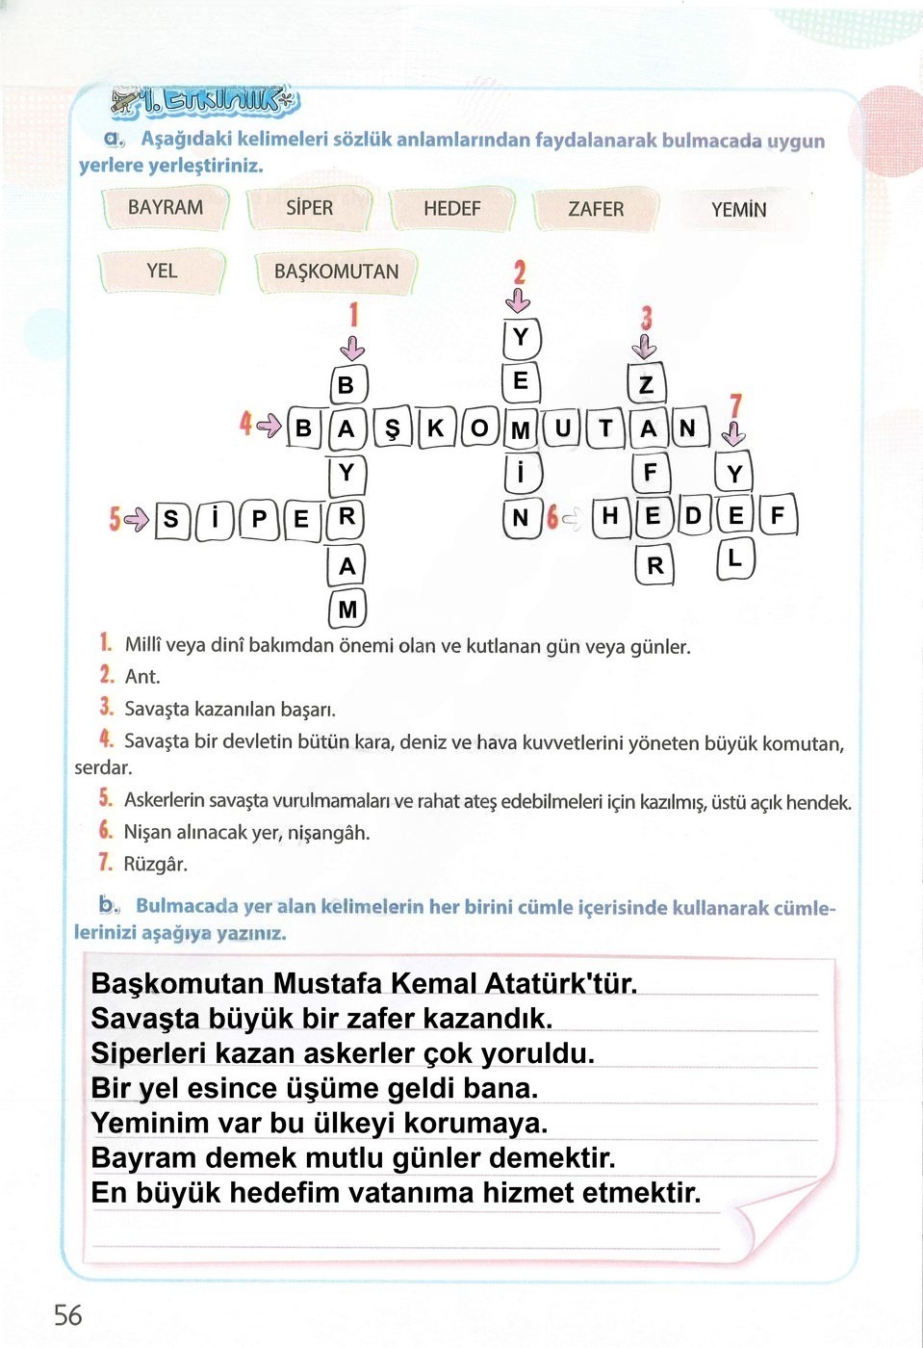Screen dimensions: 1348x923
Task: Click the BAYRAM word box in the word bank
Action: click(x=166, y=208)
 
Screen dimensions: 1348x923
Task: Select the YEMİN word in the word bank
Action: click(x=738, y=210)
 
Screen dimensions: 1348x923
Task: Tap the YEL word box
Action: click(x=162, y=271)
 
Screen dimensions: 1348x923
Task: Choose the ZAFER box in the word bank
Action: click(x=595, y=209)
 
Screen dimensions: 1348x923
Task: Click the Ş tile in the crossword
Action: click(x=392, y=428)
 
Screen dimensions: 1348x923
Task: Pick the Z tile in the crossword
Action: click(x=647, y=385)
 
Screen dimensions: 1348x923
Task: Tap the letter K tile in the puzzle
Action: click(x=436, y=428)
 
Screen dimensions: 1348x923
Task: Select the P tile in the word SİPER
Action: click(x=258, y=519)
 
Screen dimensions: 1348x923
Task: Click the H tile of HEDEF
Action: click(x=609, y=516)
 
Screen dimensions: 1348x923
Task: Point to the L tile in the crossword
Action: click(x=735, y=558)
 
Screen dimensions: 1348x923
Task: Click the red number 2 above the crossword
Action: click(x=519, y=272)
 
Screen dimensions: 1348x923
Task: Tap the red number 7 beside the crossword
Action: click(x=735, y=406)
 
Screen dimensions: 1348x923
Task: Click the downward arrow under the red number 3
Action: click(x=646, y=347)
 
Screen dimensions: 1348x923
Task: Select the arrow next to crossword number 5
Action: click(x=137, y=520)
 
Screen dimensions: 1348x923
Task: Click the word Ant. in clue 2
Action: click(x=142, y=677)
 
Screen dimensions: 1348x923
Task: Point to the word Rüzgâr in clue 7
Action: click(x=155, y=864)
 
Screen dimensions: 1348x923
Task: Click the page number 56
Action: click(x=68, y=1315)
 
